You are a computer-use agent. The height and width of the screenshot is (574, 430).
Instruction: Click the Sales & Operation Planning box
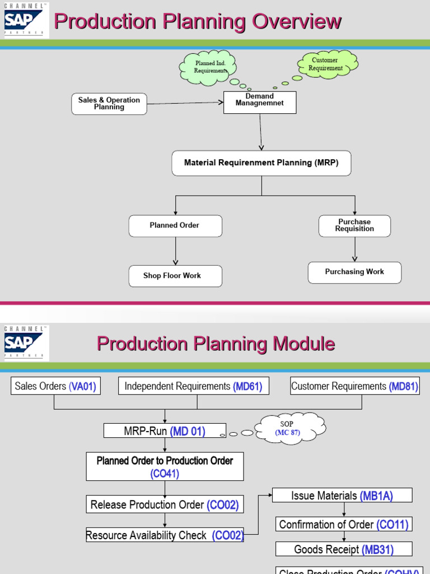coord(109,104)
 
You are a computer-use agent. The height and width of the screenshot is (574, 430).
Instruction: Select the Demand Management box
coord(260,102)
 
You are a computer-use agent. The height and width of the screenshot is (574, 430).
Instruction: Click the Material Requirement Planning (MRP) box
coord(261,163)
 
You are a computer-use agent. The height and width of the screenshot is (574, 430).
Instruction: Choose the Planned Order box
coord(175,226)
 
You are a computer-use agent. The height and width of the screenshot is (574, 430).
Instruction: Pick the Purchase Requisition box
coord(354,226)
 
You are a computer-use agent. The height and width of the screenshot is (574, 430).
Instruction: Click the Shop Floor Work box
coord(175,276)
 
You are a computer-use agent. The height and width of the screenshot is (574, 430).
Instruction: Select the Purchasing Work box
coord(354,272)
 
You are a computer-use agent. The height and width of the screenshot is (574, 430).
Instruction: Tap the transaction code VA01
coord(83,386)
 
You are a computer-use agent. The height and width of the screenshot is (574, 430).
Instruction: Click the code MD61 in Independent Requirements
coord(247,386)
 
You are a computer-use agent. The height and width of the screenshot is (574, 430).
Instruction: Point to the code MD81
coord(403,386)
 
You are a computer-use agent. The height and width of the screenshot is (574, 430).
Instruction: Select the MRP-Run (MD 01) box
coord(165,431)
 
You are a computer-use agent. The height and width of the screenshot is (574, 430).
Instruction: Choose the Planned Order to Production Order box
coord(165,466)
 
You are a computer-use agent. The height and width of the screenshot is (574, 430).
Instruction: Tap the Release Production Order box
coord(165,504)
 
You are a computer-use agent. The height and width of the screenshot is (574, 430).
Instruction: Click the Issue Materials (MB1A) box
coord(342,496)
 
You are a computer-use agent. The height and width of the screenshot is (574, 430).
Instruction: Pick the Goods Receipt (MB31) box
coord(344,549)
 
